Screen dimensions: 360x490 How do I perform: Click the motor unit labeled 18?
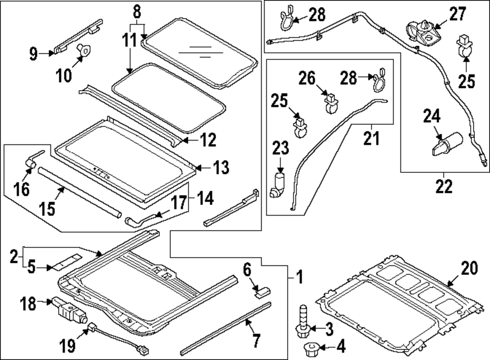65,308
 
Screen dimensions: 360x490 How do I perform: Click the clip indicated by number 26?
332,101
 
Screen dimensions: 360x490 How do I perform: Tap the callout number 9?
33,53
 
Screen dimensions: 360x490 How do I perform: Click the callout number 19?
69,346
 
